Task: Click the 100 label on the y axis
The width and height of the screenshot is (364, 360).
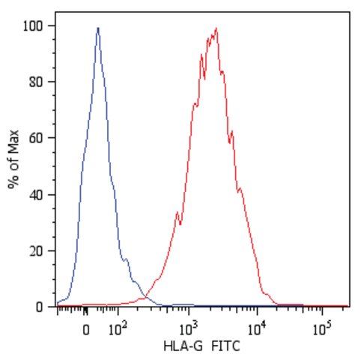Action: point(33,26)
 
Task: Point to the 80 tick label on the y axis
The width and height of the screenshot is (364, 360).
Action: point(36,82)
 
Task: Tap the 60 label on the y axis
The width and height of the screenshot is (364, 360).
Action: point(36,138)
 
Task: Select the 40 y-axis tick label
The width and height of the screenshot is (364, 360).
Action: point(36,195)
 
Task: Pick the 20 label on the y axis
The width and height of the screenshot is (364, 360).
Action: point(36,250)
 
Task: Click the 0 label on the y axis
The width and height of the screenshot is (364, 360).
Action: point(39,307)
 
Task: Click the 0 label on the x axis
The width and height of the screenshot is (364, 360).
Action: point(86,330)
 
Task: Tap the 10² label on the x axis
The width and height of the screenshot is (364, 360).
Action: point(118,328)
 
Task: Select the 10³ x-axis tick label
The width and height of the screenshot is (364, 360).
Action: point(189,328)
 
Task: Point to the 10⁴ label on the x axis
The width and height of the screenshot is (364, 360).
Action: point(257,328)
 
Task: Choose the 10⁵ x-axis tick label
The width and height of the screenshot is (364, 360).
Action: point(322,328)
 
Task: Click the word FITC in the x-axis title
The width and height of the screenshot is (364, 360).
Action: point(225,346)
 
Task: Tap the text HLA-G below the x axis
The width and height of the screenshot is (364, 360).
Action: point(183,346)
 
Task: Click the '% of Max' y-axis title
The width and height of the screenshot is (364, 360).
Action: point(13,159)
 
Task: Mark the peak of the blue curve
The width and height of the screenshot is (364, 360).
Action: point(98,28)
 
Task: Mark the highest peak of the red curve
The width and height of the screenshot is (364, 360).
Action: point(216,28)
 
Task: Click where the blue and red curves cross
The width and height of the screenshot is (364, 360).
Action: point(145,297)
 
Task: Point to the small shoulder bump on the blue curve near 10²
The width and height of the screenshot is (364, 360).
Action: point(127,259)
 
